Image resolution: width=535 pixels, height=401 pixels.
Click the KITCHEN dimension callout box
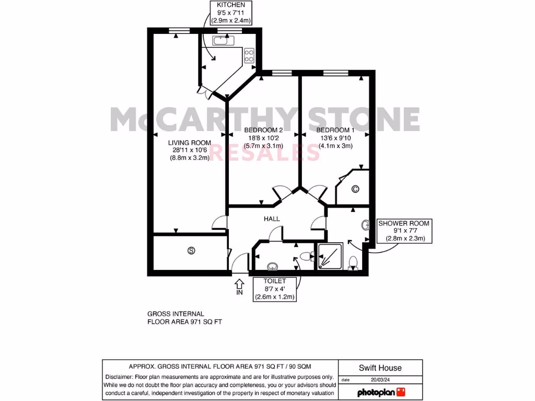pos(230,13)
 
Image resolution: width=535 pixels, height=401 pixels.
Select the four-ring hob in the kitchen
pos(249,55)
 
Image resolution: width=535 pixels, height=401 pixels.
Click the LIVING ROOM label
pos(189,150)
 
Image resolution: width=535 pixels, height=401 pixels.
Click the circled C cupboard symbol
pos(355,189)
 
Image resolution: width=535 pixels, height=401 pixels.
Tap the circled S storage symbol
pos(191,251)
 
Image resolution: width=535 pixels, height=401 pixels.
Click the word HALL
pos(272,219)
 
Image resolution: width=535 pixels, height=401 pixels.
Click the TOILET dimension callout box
pos(275,289)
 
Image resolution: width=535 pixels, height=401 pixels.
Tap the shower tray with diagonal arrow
pos(330,256)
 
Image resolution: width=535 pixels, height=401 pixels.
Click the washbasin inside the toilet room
pos(272,267)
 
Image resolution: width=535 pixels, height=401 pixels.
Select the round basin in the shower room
pos(365,226)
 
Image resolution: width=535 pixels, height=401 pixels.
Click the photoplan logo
pos(381,392)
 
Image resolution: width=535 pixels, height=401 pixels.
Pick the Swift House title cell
pos(380,368)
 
